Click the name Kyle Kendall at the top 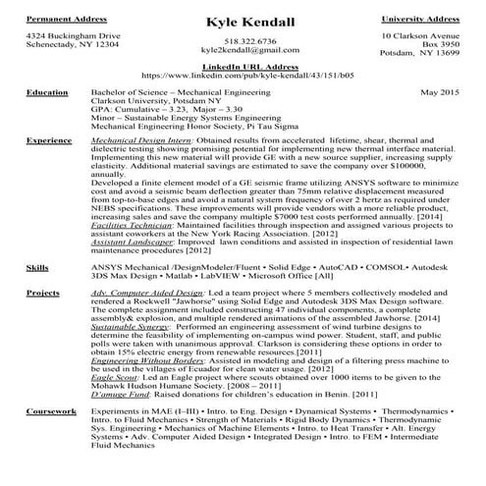[243, 23]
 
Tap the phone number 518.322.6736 [243, 41]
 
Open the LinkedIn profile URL [243, 75]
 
